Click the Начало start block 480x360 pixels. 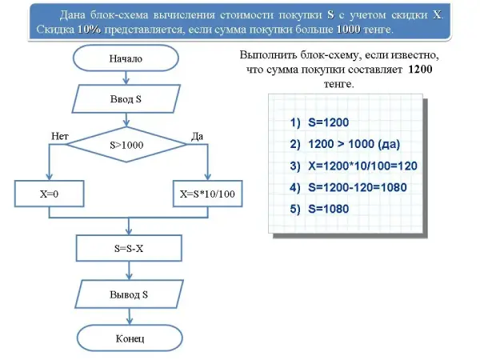point(126,58)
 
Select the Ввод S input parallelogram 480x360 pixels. point(126,100)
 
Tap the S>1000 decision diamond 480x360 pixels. point(126,146)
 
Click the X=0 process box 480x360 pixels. point(50,194)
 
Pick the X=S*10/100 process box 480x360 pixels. point(207,194)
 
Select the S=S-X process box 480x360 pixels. point(128,248)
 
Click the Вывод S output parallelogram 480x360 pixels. point(128,294)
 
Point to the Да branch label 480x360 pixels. point(198,137)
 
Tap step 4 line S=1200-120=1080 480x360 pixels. point(349,188)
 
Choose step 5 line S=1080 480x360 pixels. point(320,209)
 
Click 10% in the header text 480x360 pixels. point(90,30)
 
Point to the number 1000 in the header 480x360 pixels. point(349,30)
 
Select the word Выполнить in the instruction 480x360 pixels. point(267,55)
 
